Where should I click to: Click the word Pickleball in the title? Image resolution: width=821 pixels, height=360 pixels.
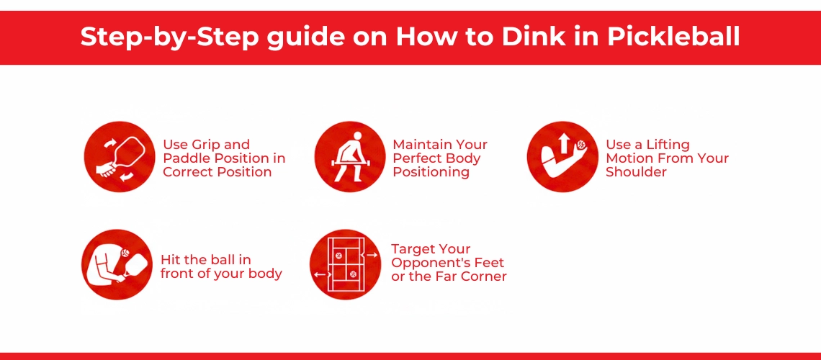coord(674,37)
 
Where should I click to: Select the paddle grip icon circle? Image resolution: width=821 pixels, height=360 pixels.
coord(120,156)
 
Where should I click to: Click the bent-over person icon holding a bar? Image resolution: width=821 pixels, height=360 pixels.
coord(350,156)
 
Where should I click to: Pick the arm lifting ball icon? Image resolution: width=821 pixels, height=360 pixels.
coord(562,156)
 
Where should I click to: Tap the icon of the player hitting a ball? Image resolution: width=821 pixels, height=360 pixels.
coord(117,264)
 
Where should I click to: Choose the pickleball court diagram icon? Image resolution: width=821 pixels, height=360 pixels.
coord(345,264)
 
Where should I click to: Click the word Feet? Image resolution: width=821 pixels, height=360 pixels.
coord(492,263)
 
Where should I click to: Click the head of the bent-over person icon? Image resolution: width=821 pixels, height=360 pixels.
coord(358,135)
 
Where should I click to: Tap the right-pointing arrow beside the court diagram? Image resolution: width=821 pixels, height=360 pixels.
coord(372,255)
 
